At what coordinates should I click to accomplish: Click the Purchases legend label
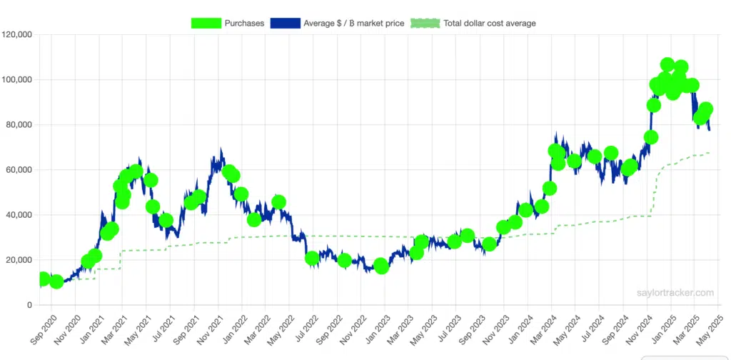[x=244, y=23]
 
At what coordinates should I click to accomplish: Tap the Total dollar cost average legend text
[x=489, y=23]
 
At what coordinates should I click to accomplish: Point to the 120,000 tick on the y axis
[x=18, y=34]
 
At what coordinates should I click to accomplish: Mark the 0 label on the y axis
[x=29, y=305]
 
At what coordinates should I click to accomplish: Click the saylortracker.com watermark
[x=675, y=293]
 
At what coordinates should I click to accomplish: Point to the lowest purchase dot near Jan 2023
[x=381, y=266]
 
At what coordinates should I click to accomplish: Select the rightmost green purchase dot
[x=705, y=109]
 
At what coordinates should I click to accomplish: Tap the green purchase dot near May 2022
[x=278, y=202]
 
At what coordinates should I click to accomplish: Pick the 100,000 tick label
[x=18, y=79]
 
